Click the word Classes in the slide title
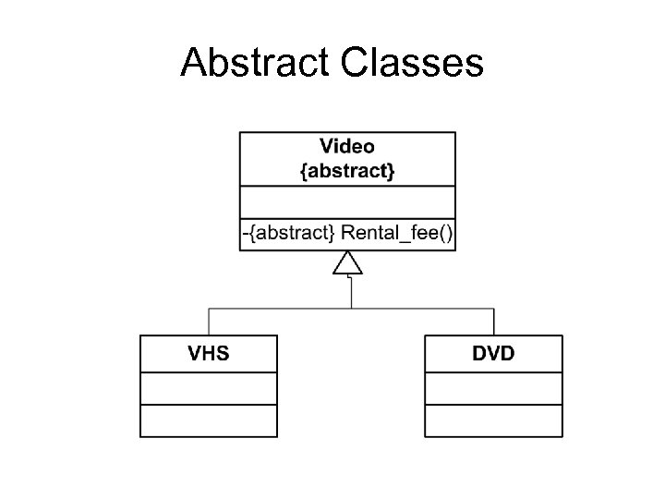(412, 63)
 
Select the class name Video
(347, 146)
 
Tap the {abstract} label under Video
(347, 172)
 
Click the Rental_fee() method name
(388, 234)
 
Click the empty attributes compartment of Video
(347, 202)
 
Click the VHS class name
(208, 353)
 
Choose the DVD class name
(493, 353)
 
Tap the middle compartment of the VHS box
(208, 387)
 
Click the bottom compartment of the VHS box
(208, 420)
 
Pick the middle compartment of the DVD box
(493, 387)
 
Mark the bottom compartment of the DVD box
(493, 420)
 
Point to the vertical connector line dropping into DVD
(494, 322)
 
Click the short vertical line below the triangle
(350, 292)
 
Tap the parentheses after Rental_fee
(444, 234)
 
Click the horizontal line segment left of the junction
(277, 308)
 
